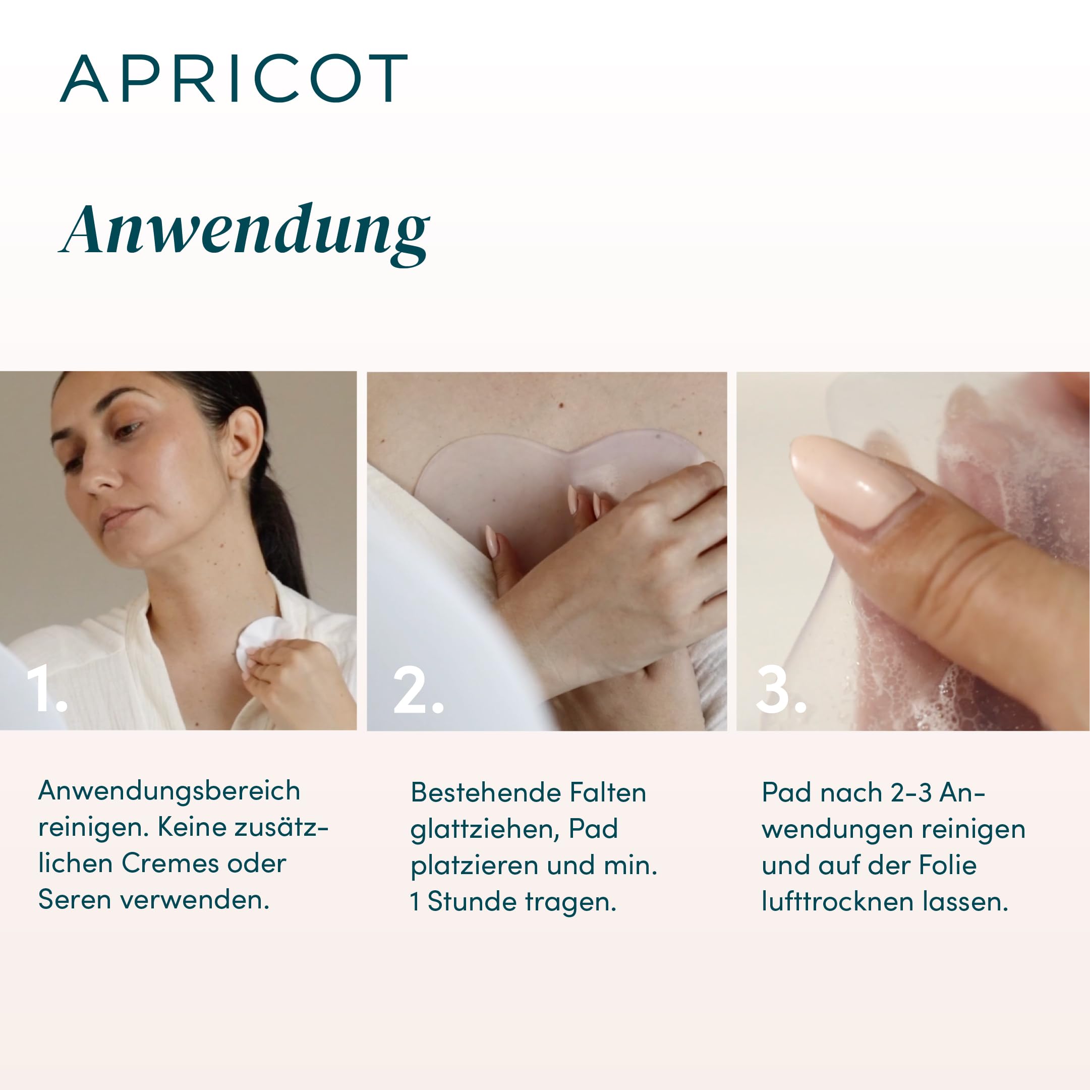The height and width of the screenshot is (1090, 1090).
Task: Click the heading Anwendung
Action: (245, 232)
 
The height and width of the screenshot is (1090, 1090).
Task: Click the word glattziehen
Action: (484, 830)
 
